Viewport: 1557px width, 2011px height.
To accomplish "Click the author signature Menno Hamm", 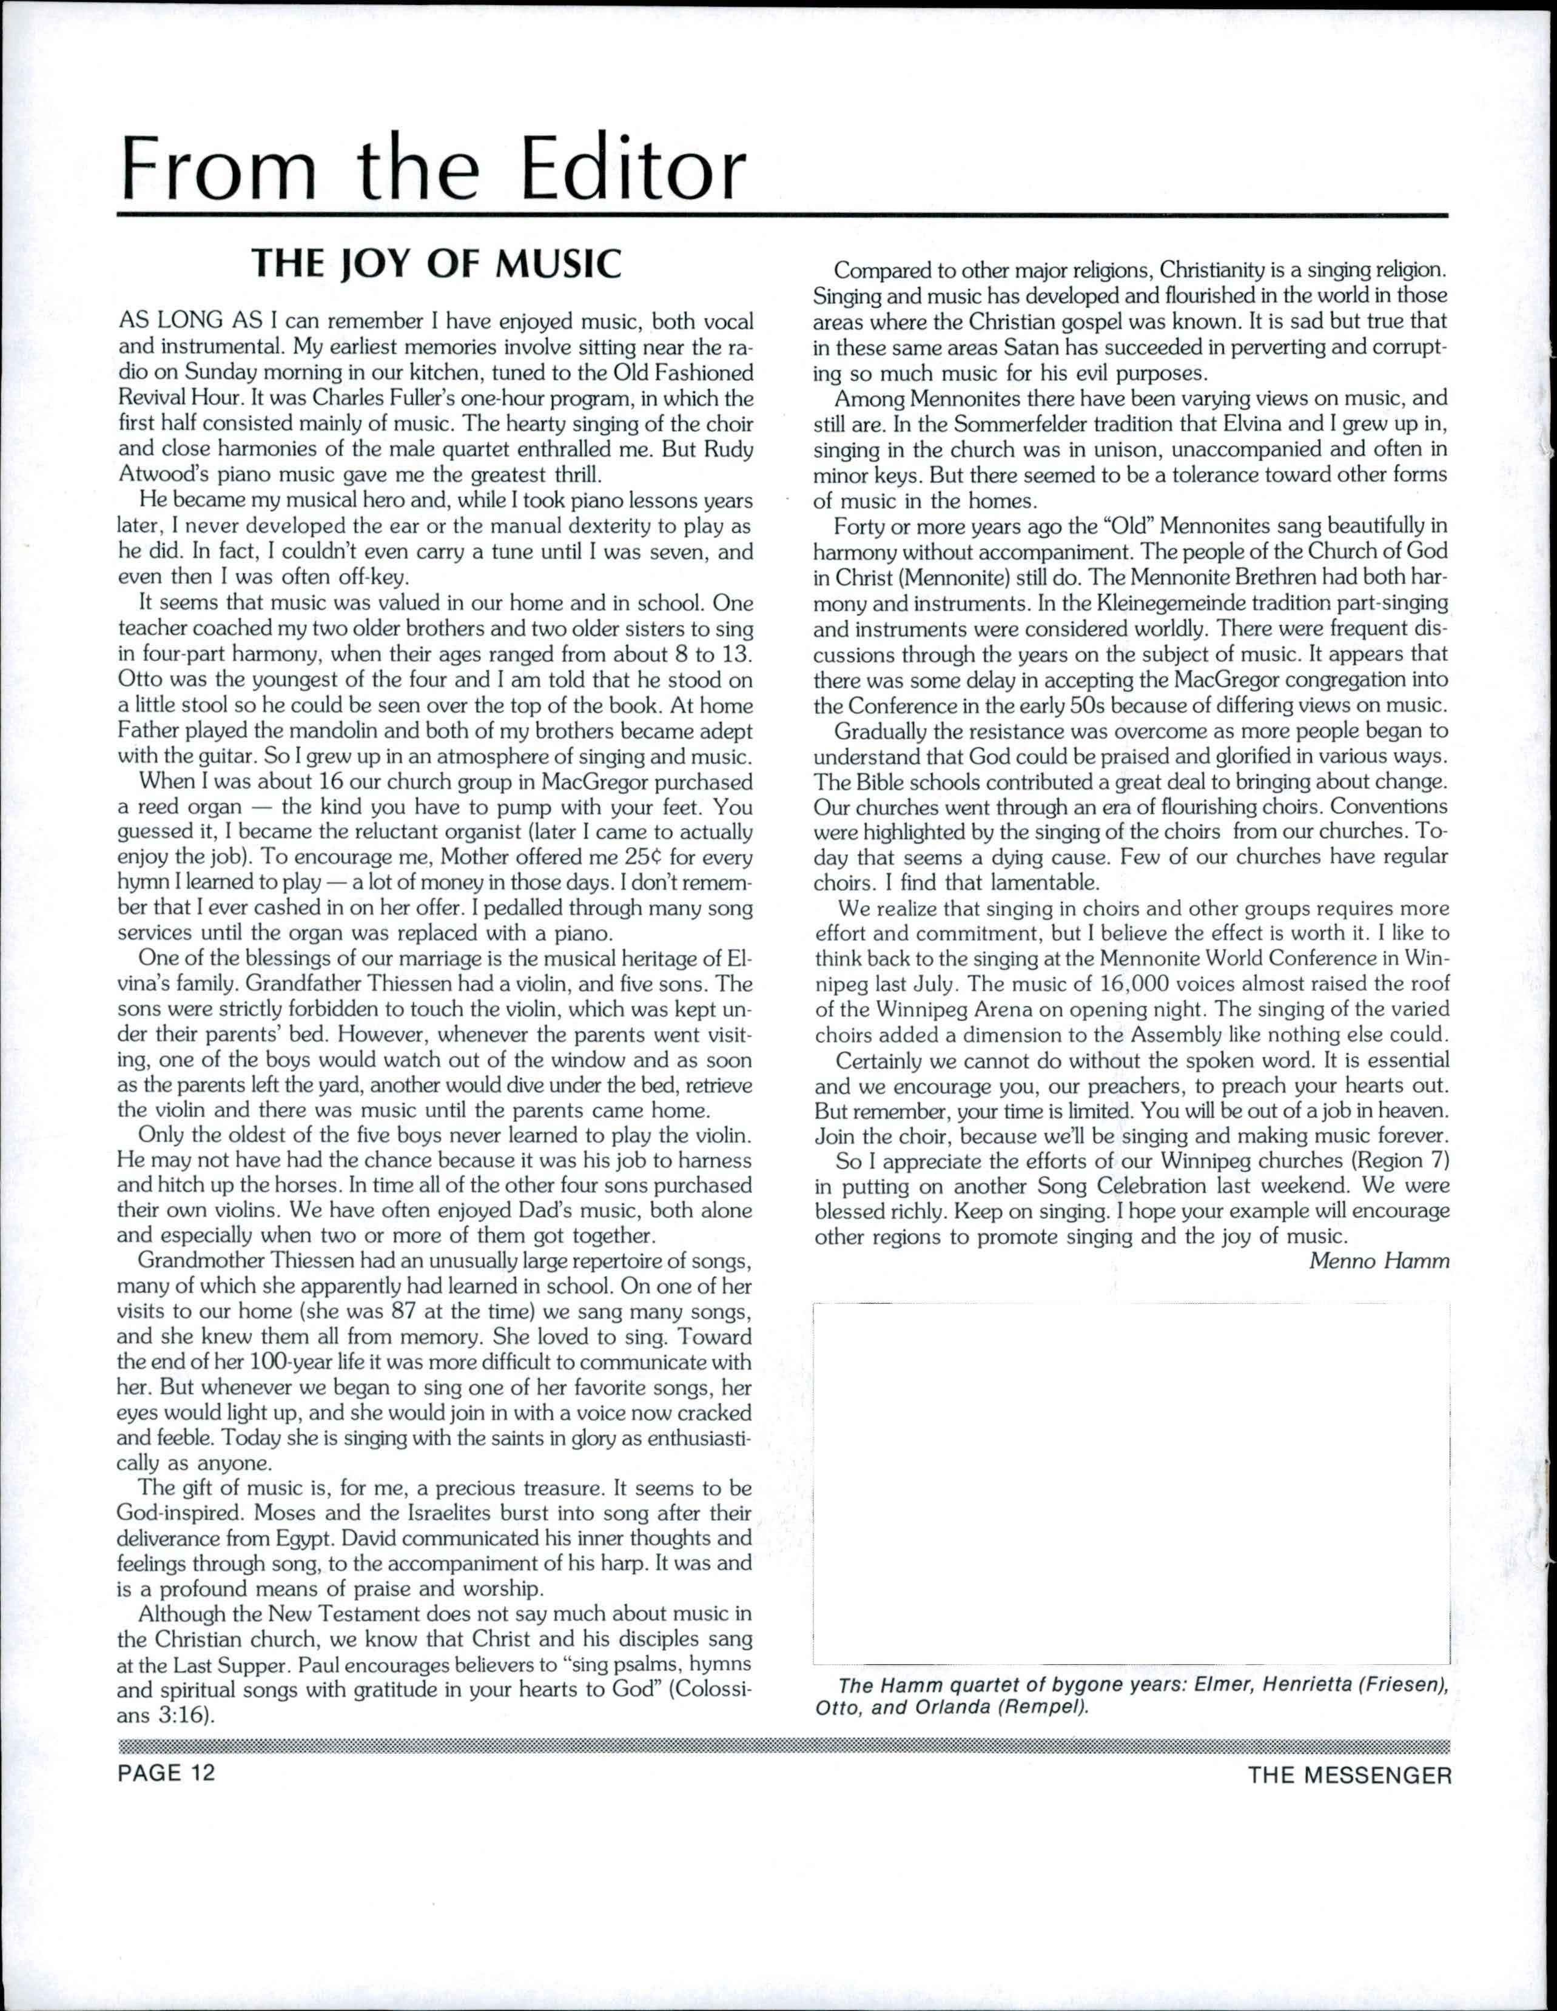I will (1379, 1261).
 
